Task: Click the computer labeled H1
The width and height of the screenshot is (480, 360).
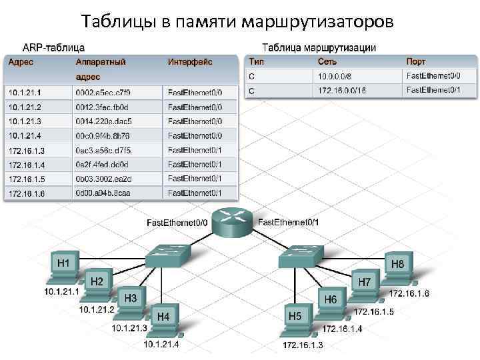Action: coord(64,269)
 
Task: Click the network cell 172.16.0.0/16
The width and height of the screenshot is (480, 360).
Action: coord(342,90)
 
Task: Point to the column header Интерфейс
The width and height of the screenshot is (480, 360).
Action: coord(190,62)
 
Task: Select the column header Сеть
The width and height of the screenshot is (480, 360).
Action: coord(327,62)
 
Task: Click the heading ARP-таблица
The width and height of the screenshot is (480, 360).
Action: coord(53,47)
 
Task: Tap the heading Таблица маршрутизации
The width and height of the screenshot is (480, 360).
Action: coord(319,47)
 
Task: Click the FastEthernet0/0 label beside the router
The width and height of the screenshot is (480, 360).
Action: coord(177,222)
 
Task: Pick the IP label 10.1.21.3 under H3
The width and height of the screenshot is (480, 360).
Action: coord(129,327)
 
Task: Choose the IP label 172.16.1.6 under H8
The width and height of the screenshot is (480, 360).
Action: coord(409,293)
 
